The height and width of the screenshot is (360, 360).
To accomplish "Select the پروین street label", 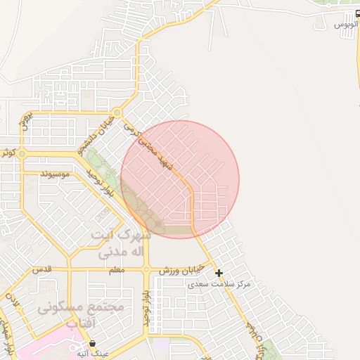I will (x=25, y=120).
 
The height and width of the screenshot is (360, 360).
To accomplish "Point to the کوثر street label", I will (x=8, y=151).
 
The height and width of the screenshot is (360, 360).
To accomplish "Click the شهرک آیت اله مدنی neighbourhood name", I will (x=121, y=242).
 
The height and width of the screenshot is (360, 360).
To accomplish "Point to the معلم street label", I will (x=117, y=270).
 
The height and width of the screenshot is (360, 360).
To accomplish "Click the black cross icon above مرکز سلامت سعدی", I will (x=219, y=273).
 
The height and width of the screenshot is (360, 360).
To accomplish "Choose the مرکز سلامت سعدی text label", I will (x=219, y=284).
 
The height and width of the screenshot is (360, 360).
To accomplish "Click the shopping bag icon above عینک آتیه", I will (x=93, y=343).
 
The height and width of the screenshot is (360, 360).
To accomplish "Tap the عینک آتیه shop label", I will (x=94, y=354).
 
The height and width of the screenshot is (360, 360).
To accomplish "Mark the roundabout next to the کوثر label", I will (x=22, y=153).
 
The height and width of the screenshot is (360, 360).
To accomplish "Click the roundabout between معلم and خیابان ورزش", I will (x=146, y=269).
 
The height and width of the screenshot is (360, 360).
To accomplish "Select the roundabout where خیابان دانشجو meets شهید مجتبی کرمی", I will (x=117, y=112).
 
